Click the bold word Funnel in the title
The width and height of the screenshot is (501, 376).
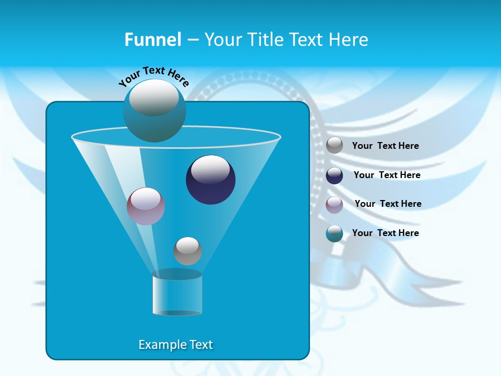(153, 40)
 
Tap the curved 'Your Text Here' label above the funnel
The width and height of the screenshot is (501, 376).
(153, 76)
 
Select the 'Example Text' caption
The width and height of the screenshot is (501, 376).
(175, 345)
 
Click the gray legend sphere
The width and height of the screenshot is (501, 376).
(335, 145)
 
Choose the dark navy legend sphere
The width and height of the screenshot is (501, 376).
(335, 175)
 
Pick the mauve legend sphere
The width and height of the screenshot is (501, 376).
(335, 205)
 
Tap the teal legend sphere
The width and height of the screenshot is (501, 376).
(335, 233)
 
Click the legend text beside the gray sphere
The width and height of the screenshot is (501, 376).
(385, 146)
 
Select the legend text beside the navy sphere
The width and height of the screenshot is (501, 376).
(387, 175)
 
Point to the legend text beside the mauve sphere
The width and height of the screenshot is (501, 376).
(388, 204)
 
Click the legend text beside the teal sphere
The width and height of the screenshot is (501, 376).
(385, 233)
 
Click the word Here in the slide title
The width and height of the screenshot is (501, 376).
(349, 40)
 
